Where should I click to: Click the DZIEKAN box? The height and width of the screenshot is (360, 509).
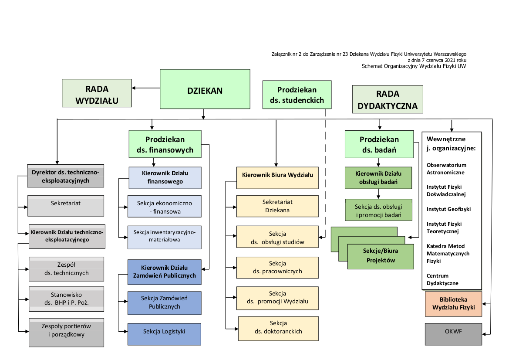(x=205, y=91)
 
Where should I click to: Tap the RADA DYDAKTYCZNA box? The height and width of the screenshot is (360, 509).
(x=388, y=100)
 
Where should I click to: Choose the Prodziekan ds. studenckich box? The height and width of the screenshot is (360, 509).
(x=297, y=95)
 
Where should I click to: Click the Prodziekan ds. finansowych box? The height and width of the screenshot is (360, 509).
(x=165, y=145)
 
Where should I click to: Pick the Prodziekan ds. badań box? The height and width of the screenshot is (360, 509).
(x=379, y=145)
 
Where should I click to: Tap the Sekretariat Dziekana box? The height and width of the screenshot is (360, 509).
(x=277, y=206)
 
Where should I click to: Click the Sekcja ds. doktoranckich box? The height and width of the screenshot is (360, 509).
(x=278, y=327)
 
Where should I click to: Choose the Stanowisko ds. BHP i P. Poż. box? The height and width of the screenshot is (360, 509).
(x=66, y=299)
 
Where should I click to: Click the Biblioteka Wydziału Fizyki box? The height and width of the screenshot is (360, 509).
(x=453, y=304)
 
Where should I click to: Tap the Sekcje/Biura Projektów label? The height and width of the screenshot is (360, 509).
(x=381, y=256)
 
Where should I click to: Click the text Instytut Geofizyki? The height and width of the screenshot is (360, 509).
(x=448, y=209)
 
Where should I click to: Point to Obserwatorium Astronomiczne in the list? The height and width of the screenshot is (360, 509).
(x=446, y=169)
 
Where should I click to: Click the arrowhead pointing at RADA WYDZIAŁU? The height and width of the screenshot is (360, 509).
(x=134, y=88)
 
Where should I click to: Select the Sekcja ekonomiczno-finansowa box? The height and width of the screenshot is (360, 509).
(x=164, y=207)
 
